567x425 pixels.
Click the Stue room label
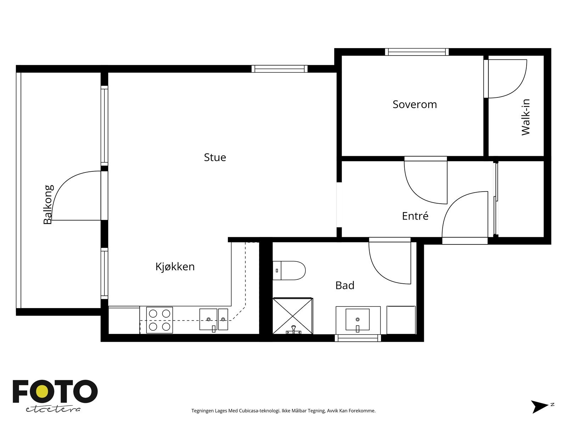[x=215, y=157]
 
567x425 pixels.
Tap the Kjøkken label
[x=175, y=267]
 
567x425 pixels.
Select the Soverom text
[x=415, y=104]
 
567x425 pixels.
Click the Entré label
[x=415, y=216]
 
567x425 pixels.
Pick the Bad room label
[x=344, y=285]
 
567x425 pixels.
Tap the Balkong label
[x=48, y=204]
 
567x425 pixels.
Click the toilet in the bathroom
[x=289, y=271]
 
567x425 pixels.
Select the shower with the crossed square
[x=293, y=316]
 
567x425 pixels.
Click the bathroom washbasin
[x=358, y=319]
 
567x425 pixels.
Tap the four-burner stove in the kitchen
[x=159, y=320]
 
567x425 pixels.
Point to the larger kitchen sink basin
[x=208, y=319]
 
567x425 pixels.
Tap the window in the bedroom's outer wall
[x=417, y=52]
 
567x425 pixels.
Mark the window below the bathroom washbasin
[x=358, y=338]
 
